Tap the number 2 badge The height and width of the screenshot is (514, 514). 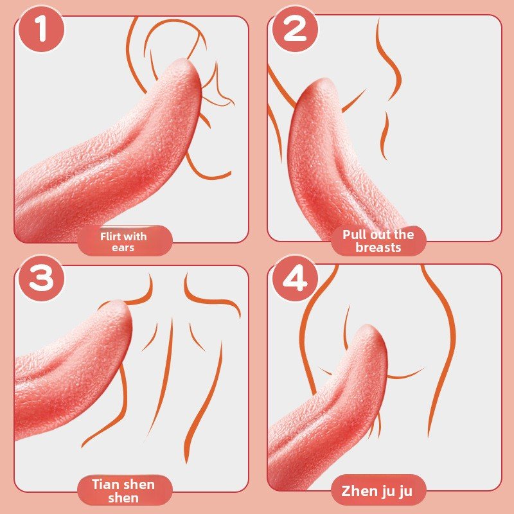click(x=295, y=29)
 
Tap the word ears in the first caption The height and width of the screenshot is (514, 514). click(x=125, y=247)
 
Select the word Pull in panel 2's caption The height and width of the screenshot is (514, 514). click(x=355, y=235)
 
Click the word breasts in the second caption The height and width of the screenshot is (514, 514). click(x=378, y=247)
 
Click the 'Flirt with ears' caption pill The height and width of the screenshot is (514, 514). click(x=125, y=242)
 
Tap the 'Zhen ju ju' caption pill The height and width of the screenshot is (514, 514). click(x=378, y=492)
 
